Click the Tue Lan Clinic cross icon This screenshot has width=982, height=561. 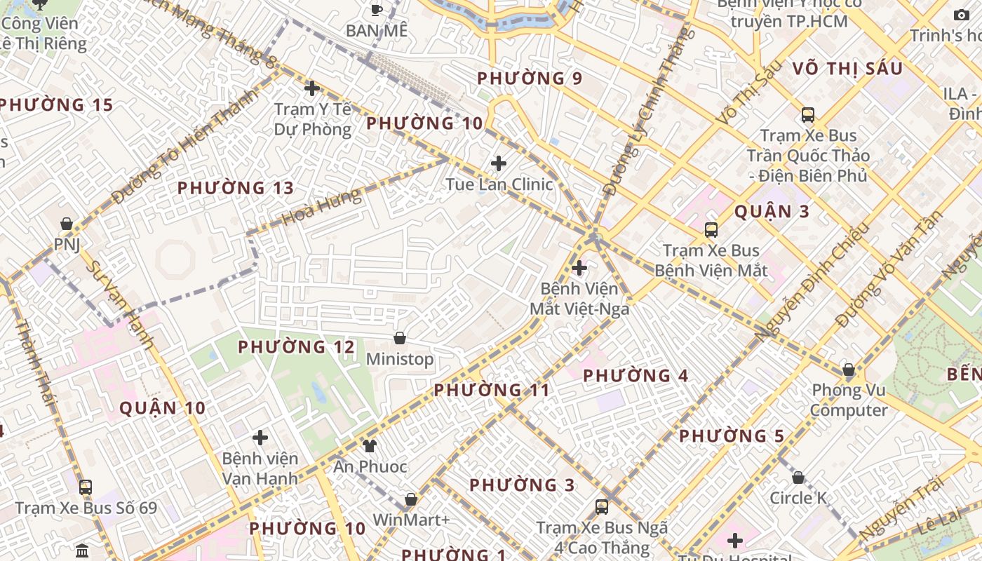(x=499, y=163)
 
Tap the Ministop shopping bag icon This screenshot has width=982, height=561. (x=400, y=338)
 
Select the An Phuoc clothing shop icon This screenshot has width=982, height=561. (x=370, y=445)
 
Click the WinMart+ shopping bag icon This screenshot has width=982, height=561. (x=411, y=499)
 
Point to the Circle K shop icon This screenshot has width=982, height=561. (x=798, y=478)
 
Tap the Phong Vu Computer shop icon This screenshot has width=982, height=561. (x=849, y=369)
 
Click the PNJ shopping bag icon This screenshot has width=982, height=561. (x=67, y=224)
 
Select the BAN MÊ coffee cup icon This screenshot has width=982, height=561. (x=377, y=10)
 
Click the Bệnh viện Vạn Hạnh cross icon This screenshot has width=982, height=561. (x=260, y=438)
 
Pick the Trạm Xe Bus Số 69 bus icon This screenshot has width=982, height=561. (x=86, y=487)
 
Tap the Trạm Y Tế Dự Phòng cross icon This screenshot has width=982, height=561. (x=312, y=88)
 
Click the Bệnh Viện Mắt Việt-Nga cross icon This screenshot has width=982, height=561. (x=579, y=267)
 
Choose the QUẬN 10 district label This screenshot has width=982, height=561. (x=163, y=408)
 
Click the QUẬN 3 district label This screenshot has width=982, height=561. (x=772, y=211)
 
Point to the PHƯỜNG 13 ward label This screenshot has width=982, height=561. (x=236, y=188)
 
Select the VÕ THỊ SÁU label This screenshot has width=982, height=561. (x=848, y=68)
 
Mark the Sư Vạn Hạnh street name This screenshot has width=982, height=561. (x=119, y=305)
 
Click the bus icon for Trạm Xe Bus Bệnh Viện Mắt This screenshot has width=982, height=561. (x=711, y=229)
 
